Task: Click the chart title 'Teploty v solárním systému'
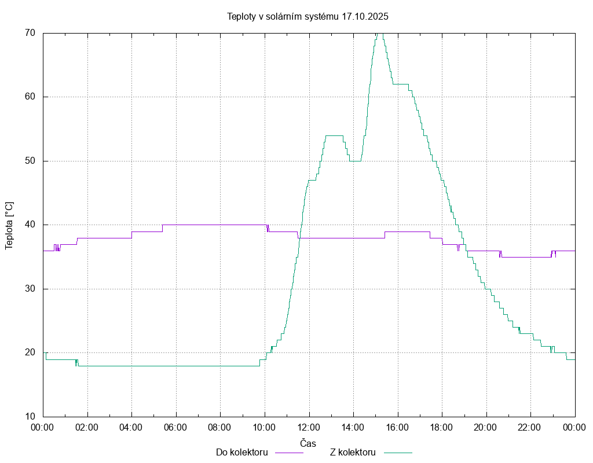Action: pyautogui.click(x=283, y=16)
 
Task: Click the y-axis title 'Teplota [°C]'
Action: pyautogui.click(x=9, y=225)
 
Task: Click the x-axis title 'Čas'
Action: pyautogui.click(x=308, y=443)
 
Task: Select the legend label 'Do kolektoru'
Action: pyautogui.click(x=241, y=453)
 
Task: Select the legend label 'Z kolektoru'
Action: pyautogui.click(x=353, y=453)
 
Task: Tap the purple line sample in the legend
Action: pyautogui.click(x=288, y=453)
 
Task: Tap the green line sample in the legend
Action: pyautogui.click(x=397, y=453)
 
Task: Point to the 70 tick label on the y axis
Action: pyautogui.click(x=30, y=33)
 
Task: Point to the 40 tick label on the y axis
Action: pyautogui.click(x=30, y=225)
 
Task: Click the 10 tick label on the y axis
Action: pyautogui.click(x=30, y=417)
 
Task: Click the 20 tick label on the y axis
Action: pyautogui.click(x=30, y=352)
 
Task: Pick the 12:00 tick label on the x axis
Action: pyautogui.click(x=309, y=428)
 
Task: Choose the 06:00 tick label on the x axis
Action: pyautogui.click(x=175, y=428)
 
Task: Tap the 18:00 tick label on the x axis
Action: pyautogui.click(x=442, y=428)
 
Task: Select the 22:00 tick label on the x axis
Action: pyautogui.click(x=530, y=428)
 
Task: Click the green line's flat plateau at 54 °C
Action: pyautogui.click(x=334, y=135)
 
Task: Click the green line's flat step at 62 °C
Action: pyautogui.click(x=401, y=84)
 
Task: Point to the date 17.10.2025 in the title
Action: pyautogui.click(x=365, y=16)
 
